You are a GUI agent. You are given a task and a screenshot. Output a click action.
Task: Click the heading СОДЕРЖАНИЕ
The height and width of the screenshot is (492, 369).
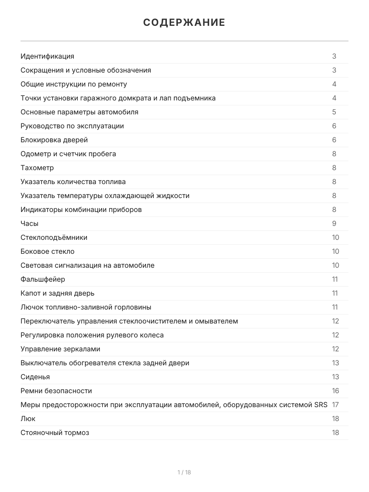coord(184,23)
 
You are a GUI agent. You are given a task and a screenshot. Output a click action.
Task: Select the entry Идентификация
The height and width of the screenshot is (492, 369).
coord(48,56)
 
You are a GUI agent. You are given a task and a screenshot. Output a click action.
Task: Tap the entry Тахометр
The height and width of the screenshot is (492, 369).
coord(37,168)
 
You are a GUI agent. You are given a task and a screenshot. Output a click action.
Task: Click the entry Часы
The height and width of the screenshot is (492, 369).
coord(30,223)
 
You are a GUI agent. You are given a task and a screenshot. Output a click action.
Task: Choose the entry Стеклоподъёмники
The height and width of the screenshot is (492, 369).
coord(54,237)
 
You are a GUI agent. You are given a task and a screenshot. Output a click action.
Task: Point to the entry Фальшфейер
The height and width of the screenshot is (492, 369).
coord(43,279)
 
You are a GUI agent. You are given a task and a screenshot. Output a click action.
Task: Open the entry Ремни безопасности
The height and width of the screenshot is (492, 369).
coord(56,391)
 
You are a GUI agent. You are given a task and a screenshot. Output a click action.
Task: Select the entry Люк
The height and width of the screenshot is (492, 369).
coord(28,419)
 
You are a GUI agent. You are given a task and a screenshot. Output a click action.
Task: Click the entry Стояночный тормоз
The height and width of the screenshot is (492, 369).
coord(55,433)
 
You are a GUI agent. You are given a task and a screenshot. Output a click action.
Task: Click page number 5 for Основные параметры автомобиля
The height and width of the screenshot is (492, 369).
coord(334,112)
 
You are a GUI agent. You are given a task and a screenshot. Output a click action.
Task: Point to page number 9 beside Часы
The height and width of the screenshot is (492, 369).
coord(334,223)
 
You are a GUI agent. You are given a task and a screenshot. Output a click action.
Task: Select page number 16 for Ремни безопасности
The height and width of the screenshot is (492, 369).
coord(335,391)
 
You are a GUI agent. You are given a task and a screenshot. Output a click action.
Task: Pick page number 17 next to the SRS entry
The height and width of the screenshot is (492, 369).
coord(335,405)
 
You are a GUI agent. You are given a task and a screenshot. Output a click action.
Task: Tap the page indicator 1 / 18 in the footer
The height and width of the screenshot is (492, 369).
coord(184,472)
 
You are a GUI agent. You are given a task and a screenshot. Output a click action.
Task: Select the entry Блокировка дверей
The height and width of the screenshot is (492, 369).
coord(54,140)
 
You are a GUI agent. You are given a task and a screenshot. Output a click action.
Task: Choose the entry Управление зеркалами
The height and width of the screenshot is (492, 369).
coord(60,349)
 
